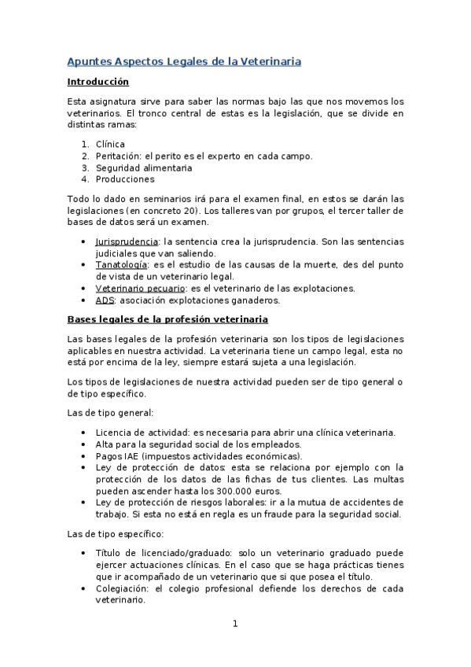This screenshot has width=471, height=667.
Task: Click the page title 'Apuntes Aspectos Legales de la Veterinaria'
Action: pyautogui.click(x=184, y=61)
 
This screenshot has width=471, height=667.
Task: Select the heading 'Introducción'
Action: pyautogui.click(x=98, y=82)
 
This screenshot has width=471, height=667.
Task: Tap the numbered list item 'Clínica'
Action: pyautogui.click(x=110, y=144)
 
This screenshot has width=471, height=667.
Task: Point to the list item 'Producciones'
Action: pyautogui.click(x=124, y=179)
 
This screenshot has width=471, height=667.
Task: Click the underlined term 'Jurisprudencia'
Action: pyautogui.click(x=127, y=241)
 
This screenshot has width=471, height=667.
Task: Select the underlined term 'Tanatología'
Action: pyautogui.click(x=120, y=265)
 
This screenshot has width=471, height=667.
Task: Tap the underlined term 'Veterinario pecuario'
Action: pyautogui.click(x=140, y=289)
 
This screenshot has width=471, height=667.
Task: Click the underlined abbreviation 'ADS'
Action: pyautogui.click(x=104, y=300)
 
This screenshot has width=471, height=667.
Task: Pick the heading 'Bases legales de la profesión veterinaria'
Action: pyautogui.click(x=167, y=319)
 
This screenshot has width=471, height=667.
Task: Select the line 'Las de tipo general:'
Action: pyautogui.click(x=110, y=412)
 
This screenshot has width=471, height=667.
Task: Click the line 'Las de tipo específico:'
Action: pyautogui.click(x=116, y=533)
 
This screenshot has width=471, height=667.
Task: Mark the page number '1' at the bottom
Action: pyautogui.click(x=235, y=625)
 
